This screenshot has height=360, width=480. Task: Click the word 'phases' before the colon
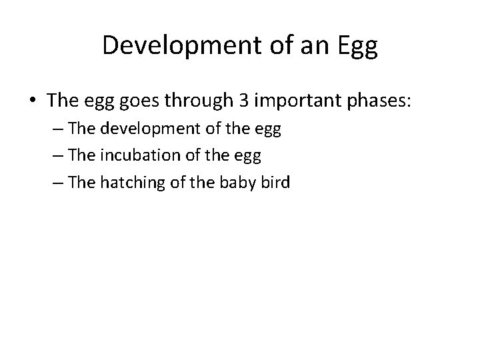375,102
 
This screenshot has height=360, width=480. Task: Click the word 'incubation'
129,157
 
